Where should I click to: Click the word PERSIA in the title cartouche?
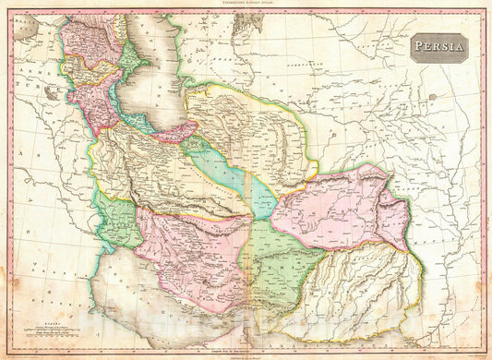(438, 48)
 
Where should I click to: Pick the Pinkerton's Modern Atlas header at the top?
(246, 6)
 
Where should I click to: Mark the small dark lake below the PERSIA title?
(431, 97)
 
